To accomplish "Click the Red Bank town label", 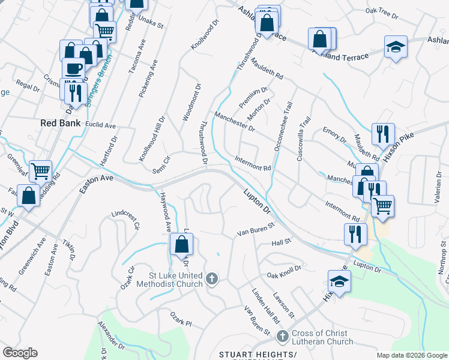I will pyautogui.click(x=60, y=122).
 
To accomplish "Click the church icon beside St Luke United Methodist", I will pyautogui.click(x=211, y=278).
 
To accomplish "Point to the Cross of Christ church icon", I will pyautogui.click(x=284, y=337).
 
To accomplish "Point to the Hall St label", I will pyautogui.click(x=281, y=242).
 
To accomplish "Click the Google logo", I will pyautogui.click(x=20, y=353).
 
